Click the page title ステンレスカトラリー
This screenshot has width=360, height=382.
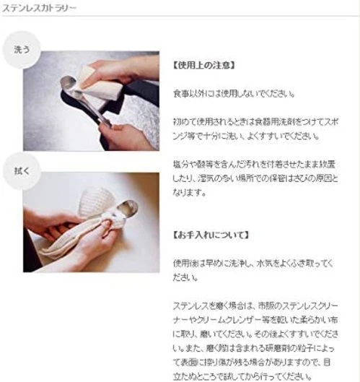pos(40,9)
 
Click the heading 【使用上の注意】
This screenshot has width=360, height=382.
pos(204,65)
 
